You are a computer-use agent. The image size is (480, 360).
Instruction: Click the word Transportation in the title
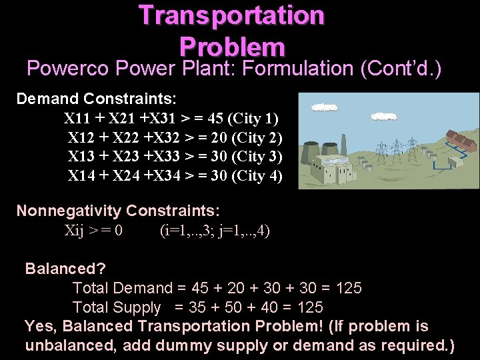tap(231, 15)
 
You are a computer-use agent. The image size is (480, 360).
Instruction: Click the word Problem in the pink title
tap(231, 46)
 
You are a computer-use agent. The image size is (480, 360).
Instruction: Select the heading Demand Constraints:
tap(97, 99)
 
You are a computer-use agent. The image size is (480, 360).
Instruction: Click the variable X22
tap(126, 138)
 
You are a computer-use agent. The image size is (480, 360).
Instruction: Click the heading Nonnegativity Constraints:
tap(118, 211)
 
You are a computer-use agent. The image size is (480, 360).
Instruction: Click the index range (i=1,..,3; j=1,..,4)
tap(215, 231)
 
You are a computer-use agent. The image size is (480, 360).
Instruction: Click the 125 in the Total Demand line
tap(349, 288)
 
